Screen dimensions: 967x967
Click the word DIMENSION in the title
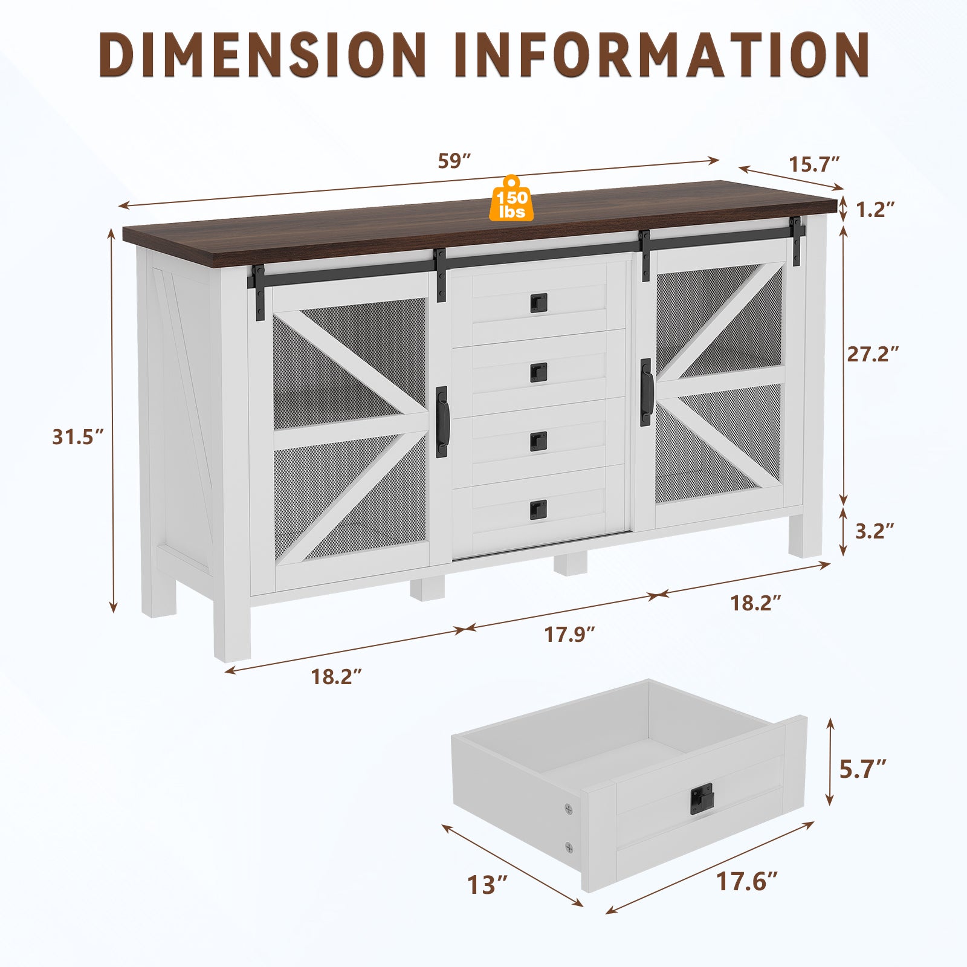[x=263, y=54]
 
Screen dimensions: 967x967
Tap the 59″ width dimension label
[x=454, y=161]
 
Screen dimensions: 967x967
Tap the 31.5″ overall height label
[x=78, y=436]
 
